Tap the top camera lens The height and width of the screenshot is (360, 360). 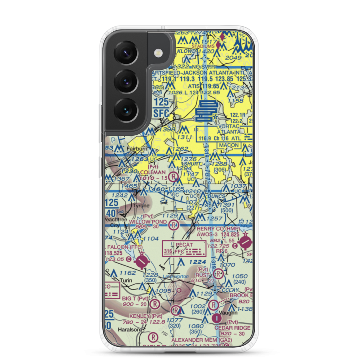(x=126, y=53)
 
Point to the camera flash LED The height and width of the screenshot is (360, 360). (x=157, y=53)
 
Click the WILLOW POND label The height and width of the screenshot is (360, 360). (x=148, y=221)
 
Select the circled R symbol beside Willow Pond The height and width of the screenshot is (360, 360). (x=174, y=226)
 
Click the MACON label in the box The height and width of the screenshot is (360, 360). (x=229, y=145)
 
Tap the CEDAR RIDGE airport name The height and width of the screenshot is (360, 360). (x=232, y=328)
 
